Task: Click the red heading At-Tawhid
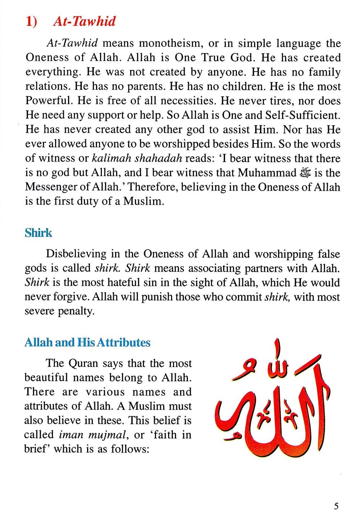[x=84, y=22]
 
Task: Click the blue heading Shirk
[x=39, y=233]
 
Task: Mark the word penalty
[x=76, y=311]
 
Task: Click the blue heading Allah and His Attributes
[x=87, y=342]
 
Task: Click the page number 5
[x=336, y=507]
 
